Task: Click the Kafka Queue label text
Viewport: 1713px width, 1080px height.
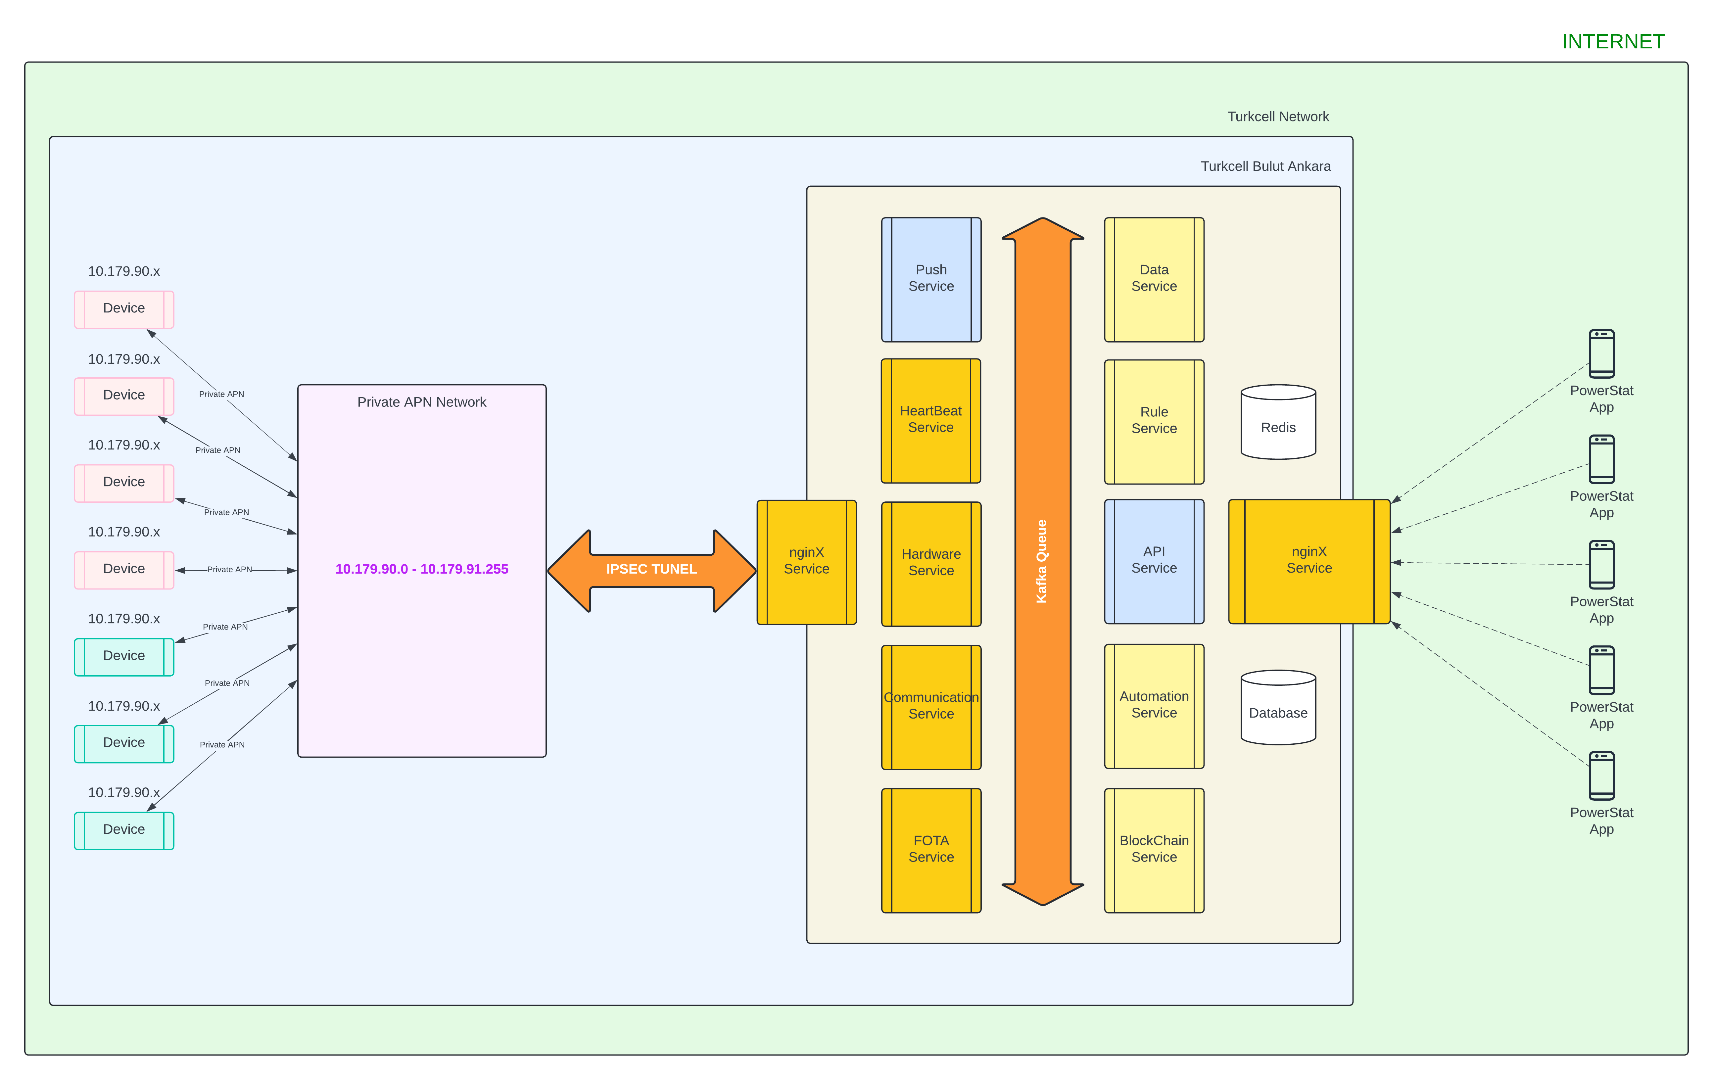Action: [x=1041, y=561]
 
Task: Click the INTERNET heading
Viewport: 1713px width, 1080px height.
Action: [x=1613, y=41]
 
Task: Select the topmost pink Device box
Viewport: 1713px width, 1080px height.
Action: [x=124, y=309]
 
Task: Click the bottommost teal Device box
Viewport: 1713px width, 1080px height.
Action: [x=124, y=830]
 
